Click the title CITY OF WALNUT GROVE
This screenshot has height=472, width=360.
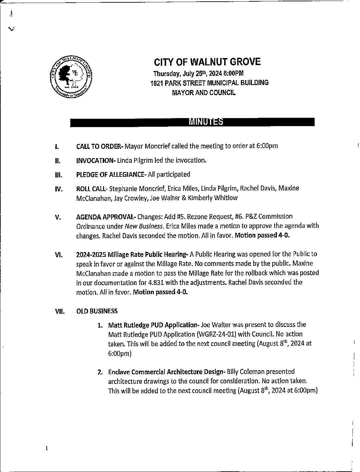pyautogui.click(x=207, y=62)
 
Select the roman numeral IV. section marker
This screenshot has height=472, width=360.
pyautogui.click(x=58, y=189)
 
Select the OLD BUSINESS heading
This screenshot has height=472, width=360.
pyautogui.click(x=97, y=311)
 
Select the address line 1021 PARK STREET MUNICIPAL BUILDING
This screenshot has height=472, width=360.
pyautogui.click(x=209, y=83)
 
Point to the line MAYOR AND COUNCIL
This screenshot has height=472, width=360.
pyautogui.click(x=204, y=92)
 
